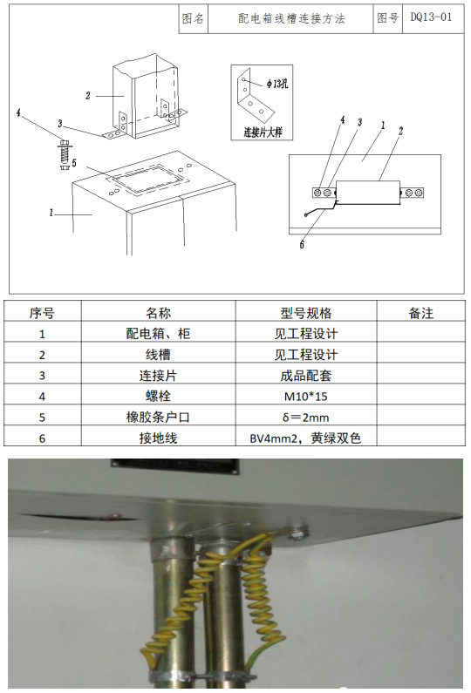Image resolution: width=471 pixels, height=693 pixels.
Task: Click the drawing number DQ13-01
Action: pos(431,17)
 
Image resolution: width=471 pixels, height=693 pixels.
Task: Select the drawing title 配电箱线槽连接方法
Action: pos(291,18)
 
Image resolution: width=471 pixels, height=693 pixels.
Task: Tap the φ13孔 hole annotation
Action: pos(276,83)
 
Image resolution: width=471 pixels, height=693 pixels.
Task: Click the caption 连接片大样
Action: pos(263,132)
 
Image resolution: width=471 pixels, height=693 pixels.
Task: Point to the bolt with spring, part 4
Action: pos(65,154)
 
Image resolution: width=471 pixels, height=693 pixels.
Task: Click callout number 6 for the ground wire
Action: pos(302,244)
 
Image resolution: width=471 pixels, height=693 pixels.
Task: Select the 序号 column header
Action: pos(42,313)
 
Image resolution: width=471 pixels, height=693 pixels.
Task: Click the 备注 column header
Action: pos(421,313)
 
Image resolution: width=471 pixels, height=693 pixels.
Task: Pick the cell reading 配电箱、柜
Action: pos(158,333)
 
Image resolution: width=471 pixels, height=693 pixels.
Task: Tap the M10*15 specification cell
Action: pos(305,396)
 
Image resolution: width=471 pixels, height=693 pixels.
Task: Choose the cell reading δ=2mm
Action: pos(305,418)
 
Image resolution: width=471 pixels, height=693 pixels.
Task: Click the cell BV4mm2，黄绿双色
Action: pos(305,438)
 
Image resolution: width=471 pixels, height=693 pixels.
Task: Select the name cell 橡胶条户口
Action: pos(158,418)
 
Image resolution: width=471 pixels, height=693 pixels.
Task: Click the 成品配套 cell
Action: pos(305,375)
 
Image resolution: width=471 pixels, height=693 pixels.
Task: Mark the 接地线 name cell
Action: pos(158,438)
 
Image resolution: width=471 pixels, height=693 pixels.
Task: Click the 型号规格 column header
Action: pos(305,313)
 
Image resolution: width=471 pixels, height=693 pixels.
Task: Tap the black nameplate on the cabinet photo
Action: pos(175,465)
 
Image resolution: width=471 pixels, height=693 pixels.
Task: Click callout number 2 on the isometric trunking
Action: pos(88,96)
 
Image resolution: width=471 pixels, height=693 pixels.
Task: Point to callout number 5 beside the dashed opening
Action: pos(74,163)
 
